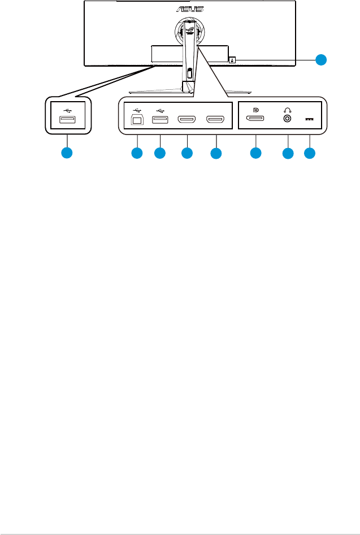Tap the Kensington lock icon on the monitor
232,59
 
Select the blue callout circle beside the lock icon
321,59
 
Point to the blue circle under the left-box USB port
67,153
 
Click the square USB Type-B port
137,120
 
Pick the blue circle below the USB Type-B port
137,153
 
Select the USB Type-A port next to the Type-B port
160,120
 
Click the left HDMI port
186,120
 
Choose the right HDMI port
215,120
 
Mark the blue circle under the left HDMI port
186,153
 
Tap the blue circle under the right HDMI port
215,153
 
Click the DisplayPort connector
256,120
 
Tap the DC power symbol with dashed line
310,120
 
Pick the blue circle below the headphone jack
288,153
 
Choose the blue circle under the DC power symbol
310,153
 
